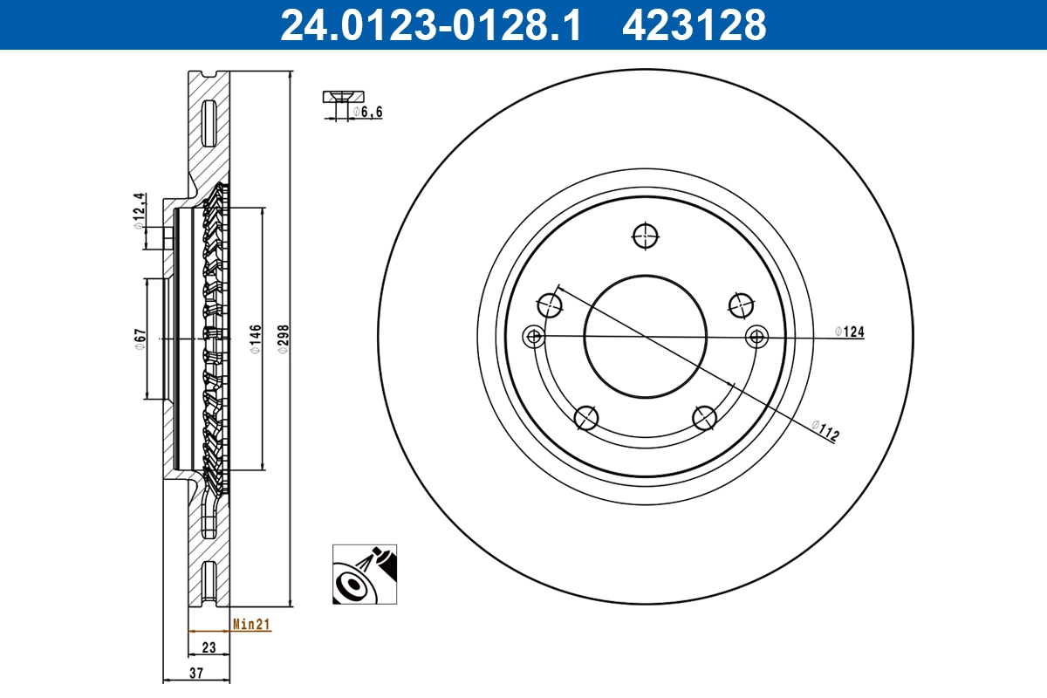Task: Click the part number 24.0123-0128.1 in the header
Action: [429, 24]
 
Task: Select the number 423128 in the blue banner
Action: [694, 24]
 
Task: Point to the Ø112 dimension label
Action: [825, 430]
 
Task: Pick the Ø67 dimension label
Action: [139, 339]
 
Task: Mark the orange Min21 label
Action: [252, 624]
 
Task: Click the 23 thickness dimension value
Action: [209, 647]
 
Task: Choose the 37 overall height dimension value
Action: [196, 673]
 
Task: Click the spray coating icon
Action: [364, 574]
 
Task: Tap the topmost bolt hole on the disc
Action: [645, 236]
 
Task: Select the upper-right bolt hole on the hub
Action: [741, 305]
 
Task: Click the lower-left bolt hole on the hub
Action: [586, 419]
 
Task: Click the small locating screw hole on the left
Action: [532, 337]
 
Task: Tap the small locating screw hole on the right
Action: [756, 336]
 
